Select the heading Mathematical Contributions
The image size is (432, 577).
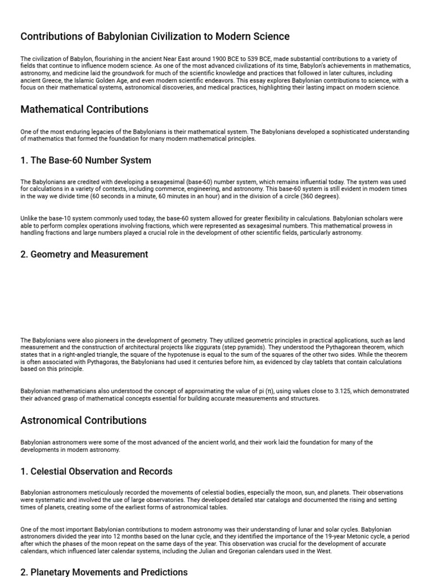[84, 109]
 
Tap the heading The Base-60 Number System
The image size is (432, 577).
[85, 161]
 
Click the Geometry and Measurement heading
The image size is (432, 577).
[84, 255]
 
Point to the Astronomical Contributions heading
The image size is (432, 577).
[83, 420]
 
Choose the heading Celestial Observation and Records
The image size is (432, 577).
[96, 472]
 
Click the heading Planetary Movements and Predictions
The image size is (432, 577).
[104, 572]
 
